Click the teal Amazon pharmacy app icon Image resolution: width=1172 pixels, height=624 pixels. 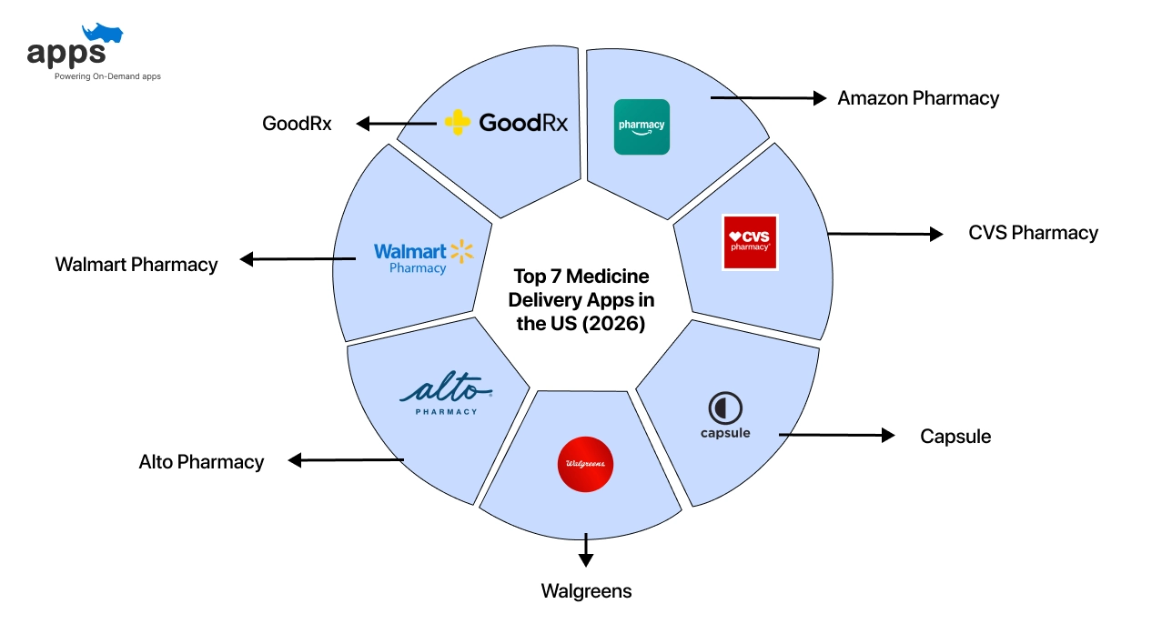tap(642, 126)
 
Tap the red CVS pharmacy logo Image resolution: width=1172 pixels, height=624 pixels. tap(750, 242)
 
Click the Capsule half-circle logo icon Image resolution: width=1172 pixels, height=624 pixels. tap(725, 408)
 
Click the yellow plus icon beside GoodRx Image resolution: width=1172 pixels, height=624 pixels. tap(458, 123)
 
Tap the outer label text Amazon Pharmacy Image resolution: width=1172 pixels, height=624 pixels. tap(918, 98)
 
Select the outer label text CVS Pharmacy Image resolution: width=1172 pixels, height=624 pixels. tap(1033, 233)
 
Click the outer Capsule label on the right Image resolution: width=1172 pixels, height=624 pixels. tap(955, 437)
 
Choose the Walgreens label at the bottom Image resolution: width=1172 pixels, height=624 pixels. tap(586, 591)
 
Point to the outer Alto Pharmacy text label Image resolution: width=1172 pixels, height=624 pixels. tap(201, 462)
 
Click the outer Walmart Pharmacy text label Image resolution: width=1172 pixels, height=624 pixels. tap(136, 265)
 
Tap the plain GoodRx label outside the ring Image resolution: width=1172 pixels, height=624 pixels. tap(297, 124)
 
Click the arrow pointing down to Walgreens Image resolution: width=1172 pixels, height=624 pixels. tap(585, 551)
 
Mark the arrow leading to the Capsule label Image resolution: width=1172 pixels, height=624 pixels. tap(836, 436)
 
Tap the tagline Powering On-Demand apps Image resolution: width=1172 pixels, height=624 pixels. tap(107, 76)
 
